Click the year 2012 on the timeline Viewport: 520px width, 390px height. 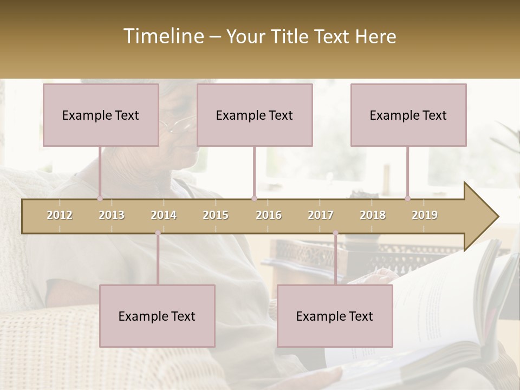click(60, 215)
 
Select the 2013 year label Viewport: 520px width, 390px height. click(112, 215)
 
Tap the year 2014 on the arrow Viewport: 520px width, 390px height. click(164, 215)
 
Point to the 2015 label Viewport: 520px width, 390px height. click(216, 215)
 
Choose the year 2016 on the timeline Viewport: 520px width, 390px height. click(269, 215)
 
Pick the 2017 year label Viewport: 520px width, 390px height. click(321, 215)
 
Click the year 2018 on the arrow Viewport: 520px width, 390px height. click(373, 215)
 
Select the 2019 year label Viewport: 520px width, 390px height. click(425, 215)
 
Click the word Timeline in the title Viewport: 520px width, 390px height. click(162, 36)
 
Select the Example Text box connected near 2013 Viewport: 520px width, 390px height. click(101, 115)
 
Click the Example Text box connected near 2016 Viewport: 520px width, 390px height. click(255, 115)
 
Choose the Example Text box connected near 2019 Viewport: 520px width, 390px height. click(408, 115)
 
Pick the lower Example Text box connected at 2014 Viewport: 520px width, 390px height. click(157, 316)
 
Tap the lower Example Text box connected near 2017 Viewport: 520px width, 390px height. click(335, 316)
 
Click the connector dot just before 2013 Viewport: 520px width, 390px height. click(100, 198)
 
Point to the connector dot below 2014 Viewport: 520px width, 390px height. click(158, 233)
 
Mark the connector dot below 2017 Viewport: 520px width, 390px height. click(335, 233)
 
